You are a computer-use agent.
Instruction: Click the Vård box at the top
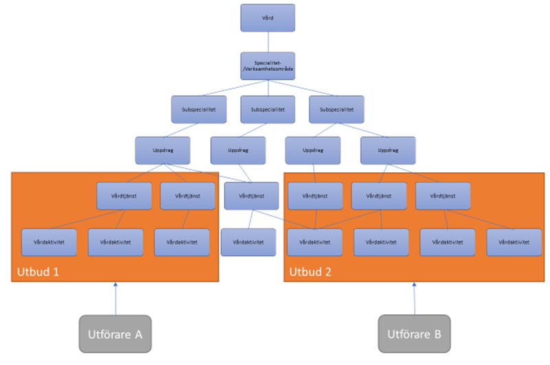click(268, 18)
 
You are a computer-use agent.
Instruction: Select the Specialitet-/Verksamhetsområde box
click(268, 66)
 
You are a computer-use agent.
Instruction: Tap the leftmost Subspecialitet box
click(198, 109)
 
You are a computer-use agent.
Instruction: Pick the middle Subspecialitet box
click(268, 109)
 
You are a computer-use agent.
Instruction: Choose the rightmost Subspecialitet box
click(336, 109)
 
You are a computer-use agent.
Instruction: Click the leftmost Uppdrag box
click(163, 150)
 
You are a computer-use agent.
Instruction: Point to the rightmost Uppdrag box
click(387, 150)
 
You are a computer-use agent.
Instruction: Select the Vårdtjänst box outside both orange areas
click(251, 196)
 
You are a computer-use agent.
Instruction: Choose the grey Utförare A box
click(115, 333)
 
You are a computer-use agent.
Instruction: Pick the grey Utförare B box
click(415, 333)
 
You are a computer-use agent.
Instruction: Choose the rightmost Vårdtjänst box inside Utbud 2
click(443, 196)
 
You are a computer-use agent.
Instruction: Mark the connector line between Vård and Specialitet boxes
click(268, 42)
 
